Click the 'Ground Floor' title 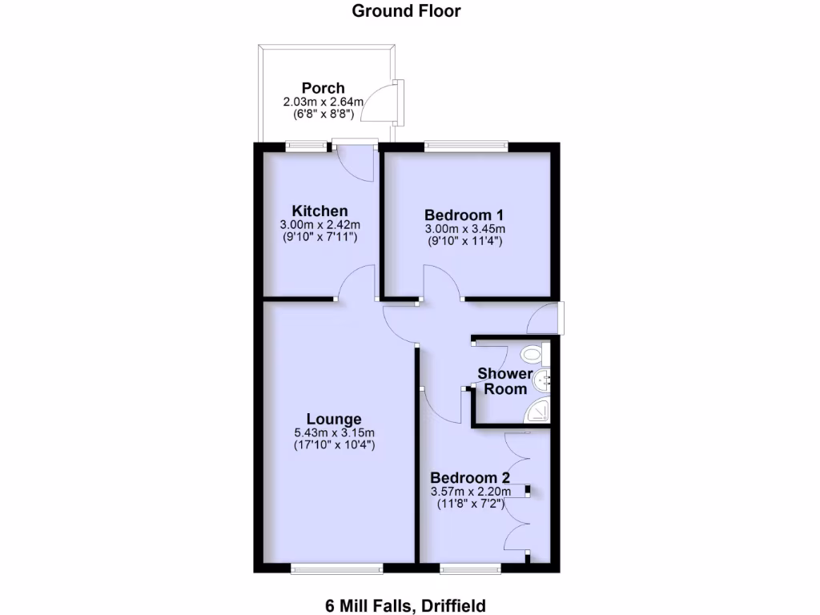pyautogui.click(x=406, y=11)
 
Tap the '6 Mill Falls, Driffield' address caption pyautogui.click(x=405, y=605)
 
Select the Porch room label pyautogui.click(x=323, y=88)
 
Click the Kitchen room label pyautogui.click(x=319, y=211)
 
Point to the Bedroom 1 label pyautogui.click(x=464, y=215)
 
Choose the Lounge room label pyautogui.click(x=334, y=419)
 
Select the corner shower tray pyautogui.click(x=537, y=410)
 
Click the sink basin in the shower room pyautogui.click(x=544, y=381)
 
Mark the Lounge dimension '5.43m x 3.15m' pyautogui.click(x=334, y=433)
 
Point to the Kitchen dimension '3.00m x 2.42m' pyautogui.click(x=319, y=225)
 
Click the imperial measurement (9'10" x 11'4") pyautogui.click(x=464, y=240)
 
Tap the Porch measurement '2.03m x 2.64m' pyautogui.click(x=323, y=102)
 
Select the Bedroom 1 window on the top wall pyautogui.click(x=465, y=147)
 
